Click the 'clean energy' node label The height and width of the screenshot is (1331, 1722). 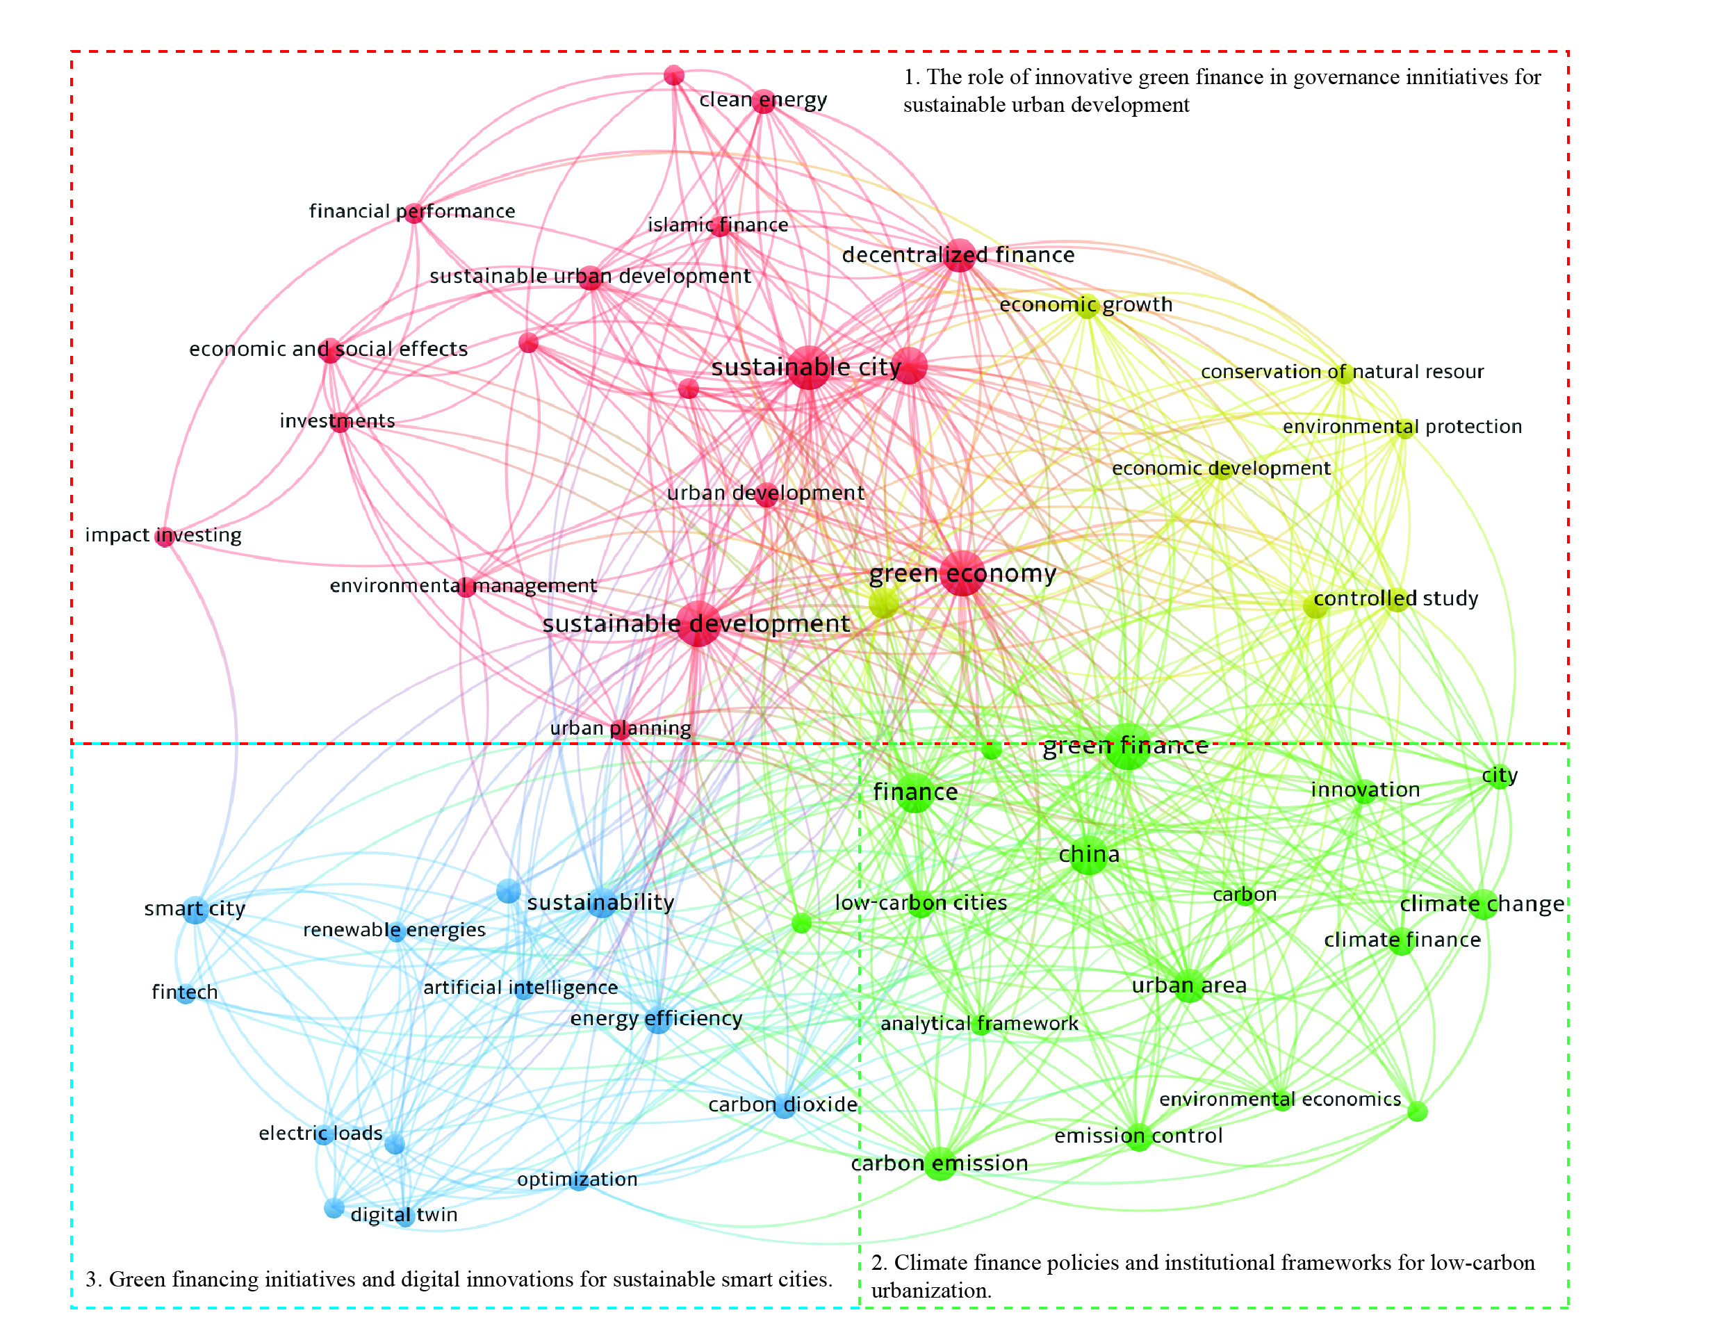coord(762,100)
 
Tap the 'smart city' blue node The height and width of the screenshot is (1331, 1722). coord(195,910)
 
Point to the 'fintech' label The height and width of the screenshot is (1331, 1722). coord(185,992)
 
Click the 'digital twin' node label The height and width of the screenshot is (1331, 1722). coord(404,1214)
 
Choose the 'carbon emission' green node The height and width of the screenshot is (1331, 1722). coord(940,1163)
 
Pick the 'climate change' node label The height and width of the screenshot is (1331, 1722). coord(1482,904)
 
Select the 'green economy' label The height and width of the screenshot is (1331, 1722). coord(962,573)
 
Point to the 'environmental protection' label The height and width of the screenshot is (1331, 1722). coord(1402,427)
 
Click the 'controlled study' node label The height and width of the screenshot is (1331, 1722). coord(1395,598)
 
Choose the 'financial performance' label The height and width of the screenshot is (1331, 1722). coord(411,211)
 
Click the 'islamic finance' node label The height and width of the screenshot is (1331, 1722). coord(717,225)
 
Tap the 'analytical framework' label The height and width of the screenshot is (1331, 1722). coord(978,1024)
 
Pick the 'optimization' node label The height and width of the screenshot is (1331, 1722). coord(577,1179)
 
